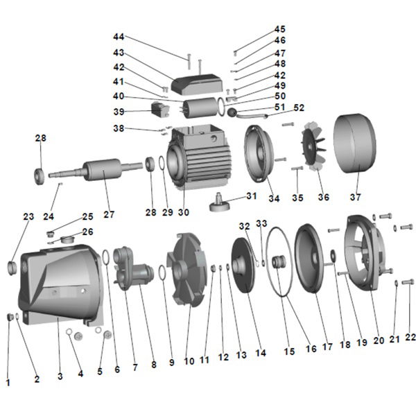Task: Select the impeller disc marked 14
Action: coord(243,264)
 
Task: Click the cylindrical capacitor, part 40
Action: coord(199,109)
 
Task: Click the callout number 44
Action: coord(119,36)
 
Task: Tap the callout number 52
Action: coord(299,108)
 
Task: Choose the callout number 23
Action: coord(28,217)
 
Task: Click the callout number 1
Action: coord(8,381)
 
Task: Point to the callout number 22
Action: coord(410,338)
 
